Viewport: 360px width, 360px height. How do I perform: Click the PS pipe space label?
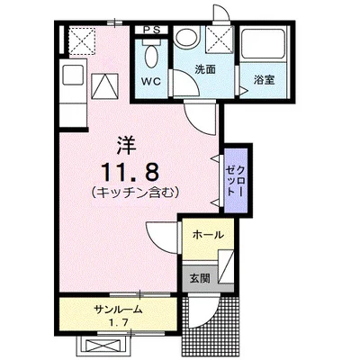click(x=151, y=30)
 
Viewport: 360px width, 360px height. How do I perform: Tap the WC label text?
click(x=151, y=81)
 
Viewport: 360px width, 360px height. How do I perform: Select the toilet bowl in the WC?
click(x=151, y=57)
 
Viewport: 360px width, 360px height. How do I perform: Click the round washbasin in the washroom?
click(x=187, y=37)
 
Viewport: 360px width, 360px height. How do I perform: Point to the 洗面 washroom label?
click(x=205, y=69)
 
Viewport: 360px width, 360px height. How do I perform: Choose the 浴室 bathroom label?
click(x=265, y=80)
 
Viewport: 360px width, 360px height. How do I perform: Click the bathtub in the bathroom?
click(x=264, y=44)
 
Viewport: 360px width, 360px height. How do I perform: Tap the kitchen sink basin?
click(x=73, y=75)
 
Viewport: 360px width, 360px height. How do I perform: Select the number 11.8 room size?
click(x=130, y=172)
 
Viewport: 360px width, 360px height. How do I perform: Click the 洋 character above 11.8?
click(x=127, y=146)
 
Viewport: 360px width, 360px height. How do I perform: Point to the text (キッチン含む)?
click(x=135, y=192)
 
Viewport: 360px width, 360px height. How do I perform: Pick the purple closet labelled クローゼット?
click(x=236, y=180)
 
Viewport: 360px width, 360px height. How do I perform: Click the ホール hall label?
click(x=208, y=235)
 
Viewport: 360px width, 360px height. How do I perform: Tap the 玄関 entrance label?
click(x=200, y=279)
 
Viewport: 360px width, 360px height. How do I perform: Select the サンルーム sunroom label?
click(x=118, y=310)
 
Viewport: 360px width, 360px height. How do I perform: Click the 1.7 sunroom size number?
click(x=119, y=323)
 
